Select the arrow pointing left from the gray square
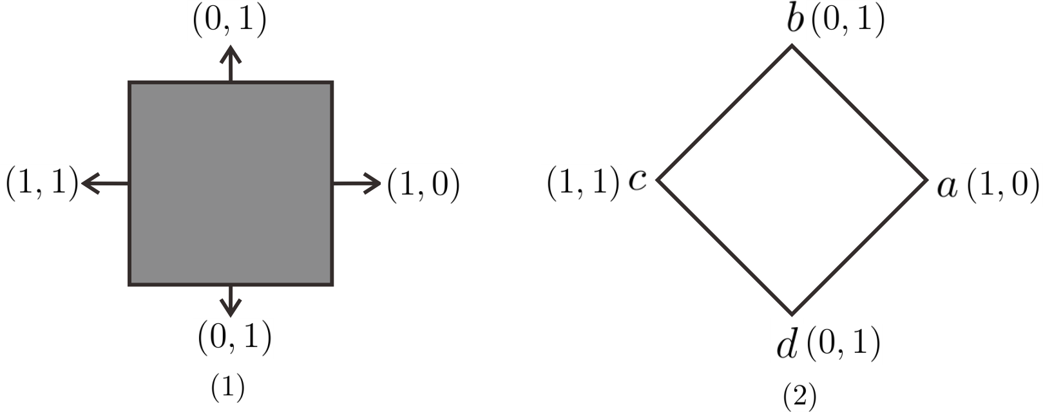click(104, 183)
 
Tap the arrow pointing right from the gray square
click(358, 183)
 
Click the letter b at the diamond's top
click(796, 21)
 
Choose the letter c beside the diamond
click(637, 181)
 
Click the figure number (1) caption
click(228, 387)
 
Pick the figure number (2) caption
click(799, 397)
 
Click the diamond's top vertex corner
click(792, 46)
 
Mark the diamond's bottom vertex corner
click(792, 314)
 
